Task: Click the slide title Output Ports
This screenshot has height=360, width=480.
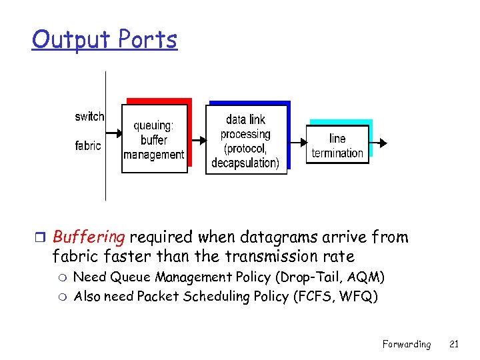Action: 105,40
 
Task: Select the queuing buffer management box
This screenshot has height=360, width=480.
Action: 154,140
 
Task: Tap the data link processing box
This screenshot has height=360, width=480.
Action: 245,141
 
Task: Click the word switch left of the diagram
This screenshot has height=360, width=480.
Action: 89,117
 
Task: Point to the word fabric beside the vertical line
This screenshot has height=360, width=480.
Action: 88,145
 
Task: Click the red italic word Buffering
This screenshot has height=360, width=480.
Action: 89,237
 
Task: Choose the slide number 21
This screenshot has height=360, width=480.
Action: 454,344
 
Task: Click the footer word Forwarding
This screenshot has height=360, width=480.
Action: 406,344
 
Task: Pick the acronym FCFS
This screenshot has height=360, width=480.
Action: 315,297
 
